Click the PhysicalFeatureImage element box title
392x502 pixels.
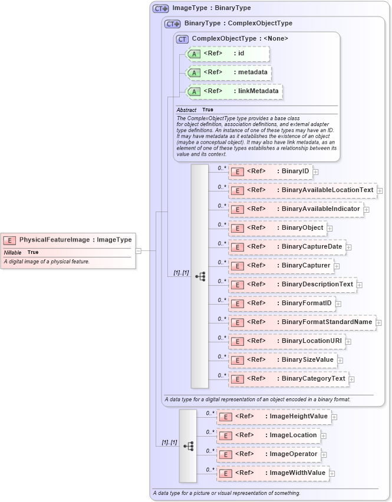tap(75, 240)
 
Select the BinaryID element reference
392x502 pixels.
tap(271, 171)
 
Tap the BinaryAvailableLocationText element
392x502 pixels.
tap(302, 190)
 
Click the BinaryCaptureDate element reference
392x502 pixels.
tap(286, 247)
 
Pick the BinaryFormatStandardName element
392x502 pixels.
tap(302, 322)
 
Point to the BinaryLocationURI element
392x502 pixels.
tap(286, 341)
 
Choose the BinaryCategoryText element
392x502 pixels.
tap(289, 379)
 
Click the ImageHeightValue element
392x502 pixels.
tap(274, 417)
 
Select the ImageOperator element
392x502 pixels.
tap(269, 454)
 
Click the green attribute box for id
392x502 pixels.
tap(228, 54)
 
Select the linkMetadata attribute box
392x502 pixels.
tap(235, 92)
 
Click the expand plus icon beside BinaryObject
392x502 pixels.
tap(330, 229)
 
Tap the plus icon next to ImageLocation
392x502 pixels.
tap(324, 436)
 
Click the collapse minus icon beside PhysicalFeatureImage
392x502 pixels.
tap(139, 250)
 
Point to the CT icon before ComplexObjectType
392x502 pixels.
tap(183, 39)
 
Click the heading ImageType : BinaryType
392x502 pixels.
tap(211, 8)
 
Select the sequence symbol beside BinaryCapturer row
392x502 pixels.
tap(200, 276)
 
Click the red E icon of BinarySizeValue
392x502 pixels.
tap(236, 360)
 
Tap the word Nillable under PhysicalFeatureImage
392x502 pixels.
tap(12, 252)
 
